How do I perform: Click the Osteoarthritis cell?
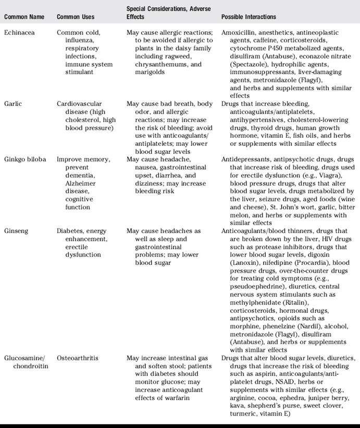78,359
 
